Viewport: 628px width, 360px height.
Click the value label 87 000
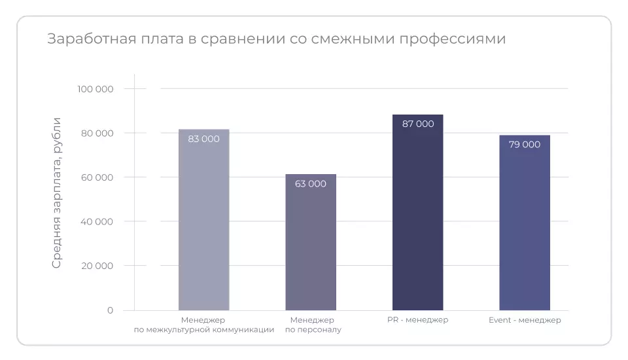coord(417,124)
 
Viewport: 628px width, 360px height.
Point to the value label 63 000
coord(311,184)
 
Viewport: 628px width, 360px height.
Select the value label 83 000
coord(203,139)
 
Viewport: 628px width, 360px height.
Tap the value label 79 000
coord(524,145)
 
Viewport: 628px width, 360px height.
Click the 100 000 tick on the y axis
coord(95,89)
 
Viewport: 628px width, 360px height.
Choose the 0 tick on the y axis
coord(110,310)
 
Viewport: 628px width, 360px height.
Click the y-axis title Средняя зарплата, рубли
coord(57,193)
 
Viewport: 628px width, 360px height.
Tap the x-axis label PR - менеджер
coord(417,320)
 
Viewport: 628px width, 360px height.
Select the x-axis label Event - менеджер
coord(525,320)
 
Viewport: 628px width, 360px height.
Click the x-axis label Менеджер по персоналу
coord(313,325)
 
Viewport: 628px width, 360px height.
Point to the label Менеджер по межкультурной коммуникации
coord(203,325)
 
